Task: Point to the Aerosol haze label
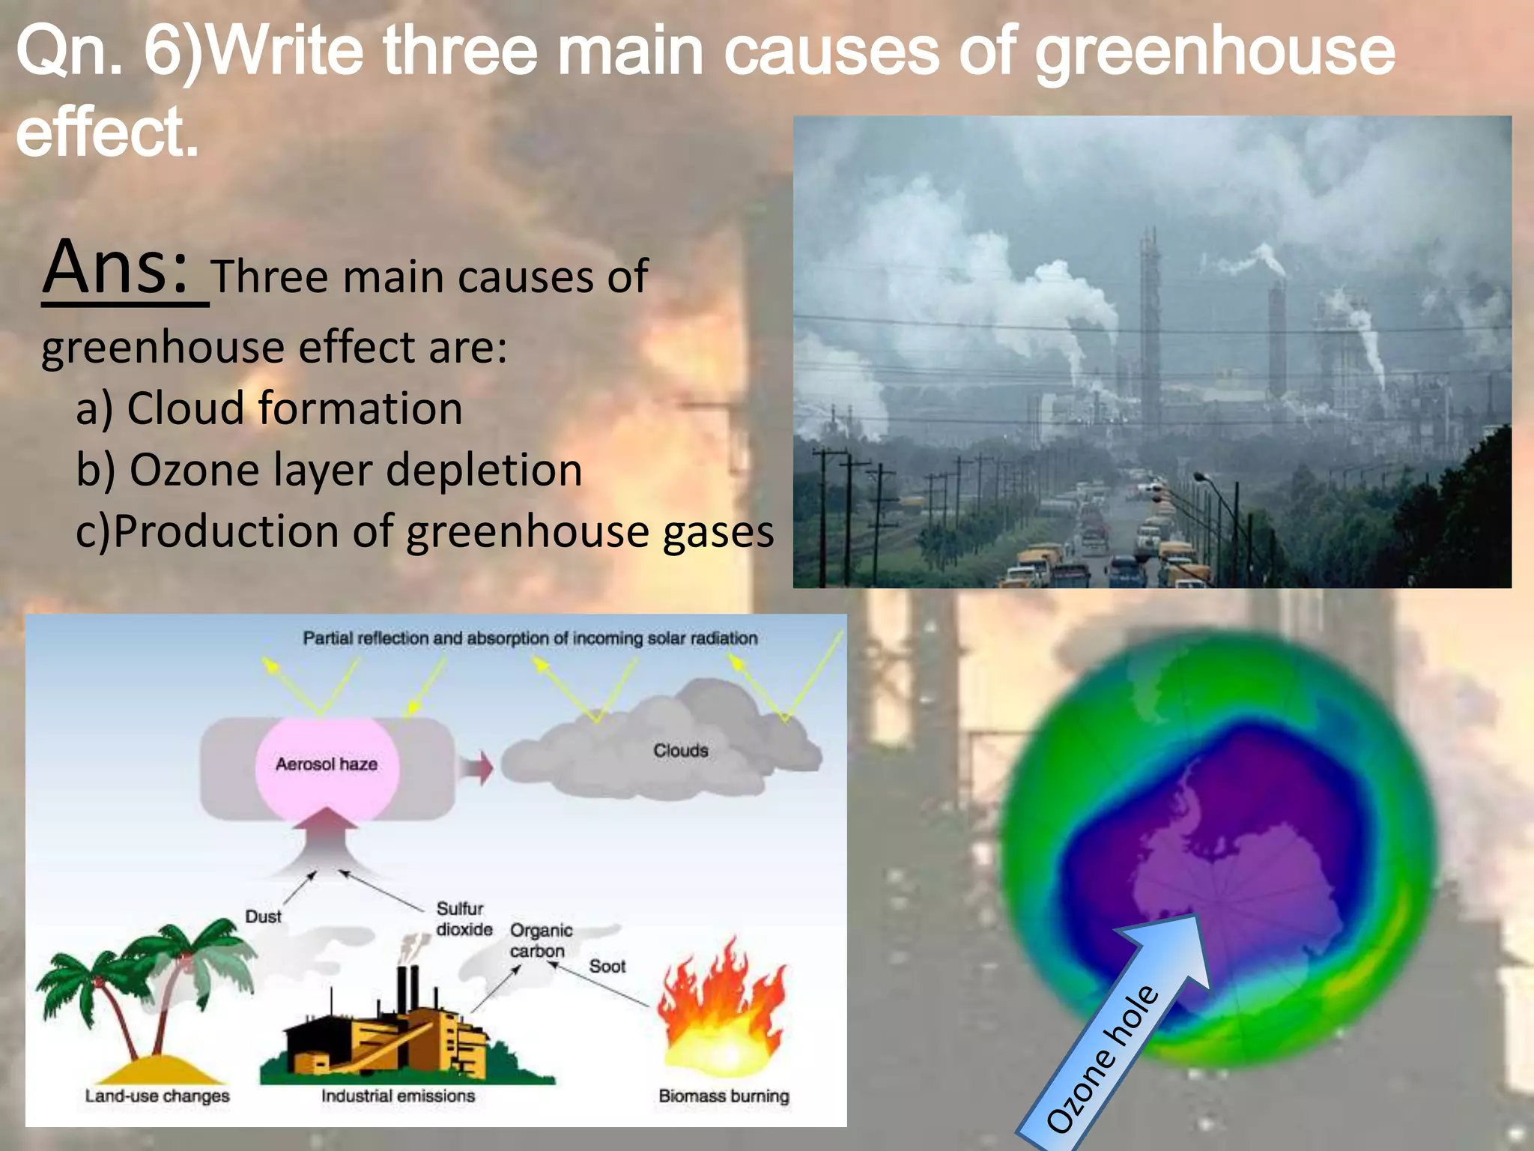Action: pos(327,764)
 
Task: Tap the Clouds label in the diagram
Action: pos(680,750)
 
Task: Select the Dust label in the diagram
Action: pos(263,916)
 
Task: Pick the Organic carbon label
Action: pos(541,940)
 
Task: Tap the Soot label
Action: pos(607,967)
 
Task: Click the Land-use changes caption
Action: pos(157,1096)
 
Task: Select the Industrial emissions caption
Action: pos(398,1096)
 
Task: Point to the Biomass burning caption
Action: pos(724,1096)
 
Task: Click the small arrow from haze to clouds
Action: pos(476,769)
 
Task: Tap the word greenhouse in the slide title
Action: pos(1215,52)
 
